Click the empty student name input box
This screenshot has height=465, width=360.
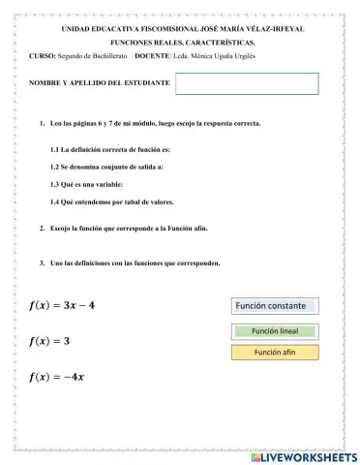pyautogui.click(x=247, y=83)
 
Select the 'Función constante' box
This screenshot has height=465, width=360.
pyautogui.click(x=274, y=306)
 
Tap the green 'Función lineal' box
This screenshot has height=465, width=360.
pyautogui.click(x=274, y=330)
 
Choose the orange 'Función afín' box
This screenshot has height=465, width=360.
pyautogui.click(x=274, y=352)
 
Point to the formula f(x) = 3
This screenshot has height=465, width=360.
pyautogui.click(x=49, y=341)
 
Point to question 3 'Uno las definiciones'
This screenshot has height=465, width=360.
pyautogui.click(x=135, y=263)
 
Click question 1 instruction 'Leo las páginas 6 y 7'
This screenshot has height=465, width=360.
pyautogui.click(x=155, y=124)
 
